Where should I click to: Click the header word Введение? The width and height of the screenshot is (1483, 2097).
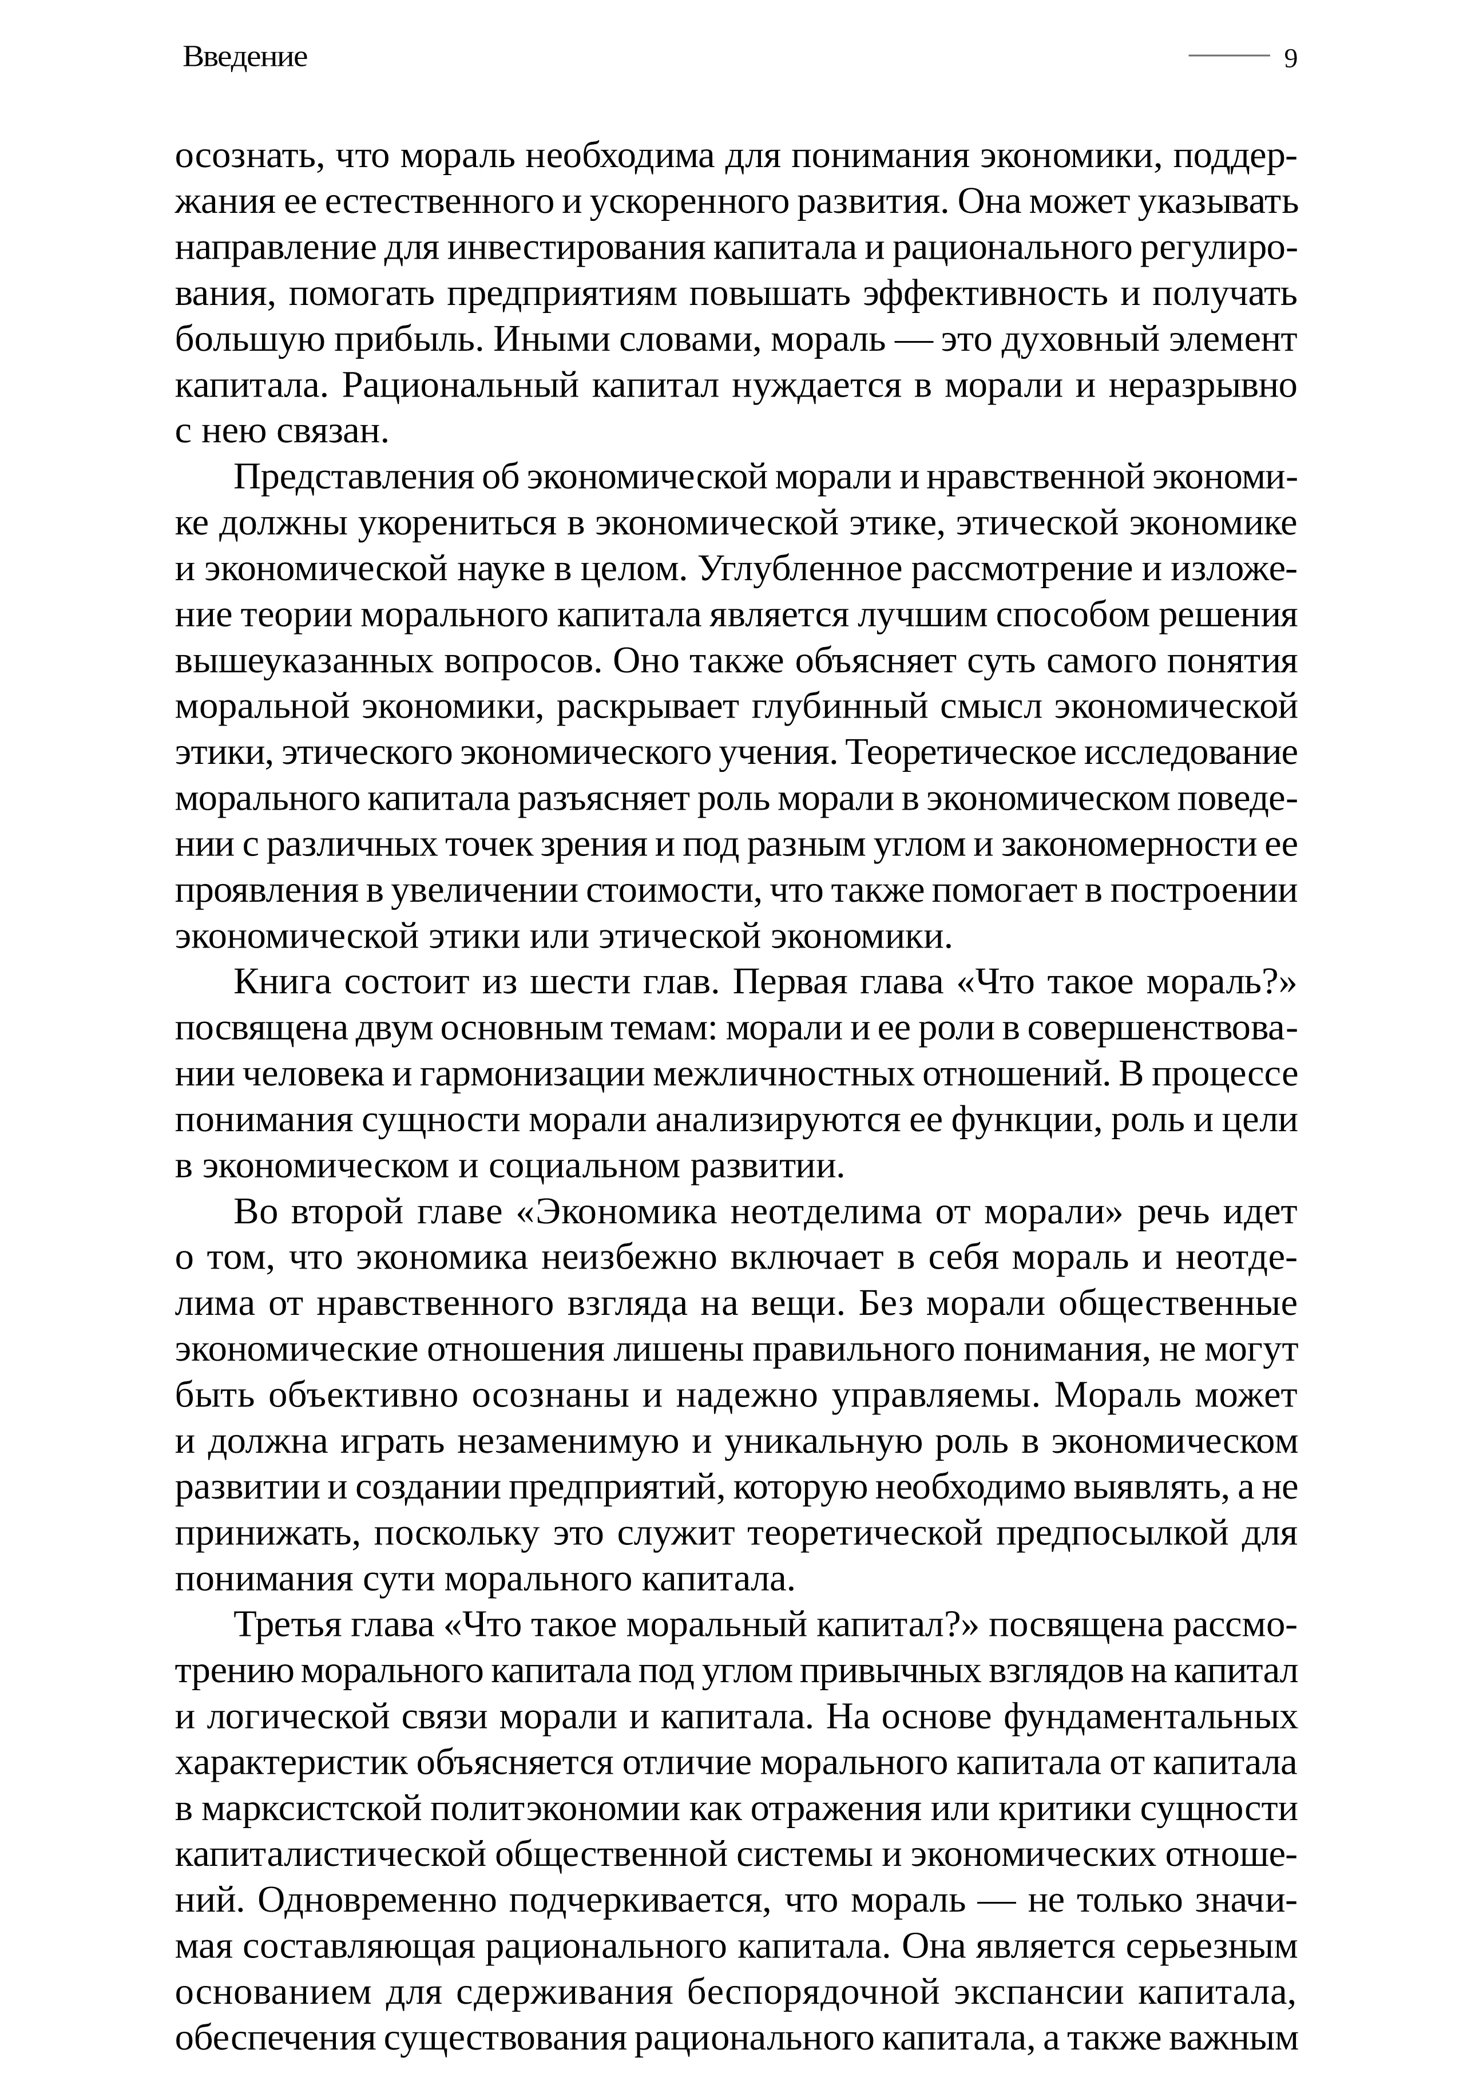tap(245, 58)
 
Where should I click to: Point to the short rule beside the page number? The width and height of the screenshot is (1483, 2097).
tap(1228, 56)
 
